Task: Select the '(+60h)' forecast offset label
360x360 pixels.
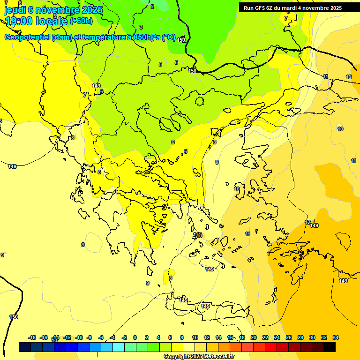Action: (x=81, y=21)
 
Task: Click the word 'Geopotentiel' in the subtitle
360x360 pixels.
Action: (x=27, y=37)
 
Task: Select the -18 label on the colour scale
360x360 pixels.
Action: (x=32, y=337)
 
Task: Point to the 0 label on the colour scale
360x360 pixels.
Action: (x=135, y=337)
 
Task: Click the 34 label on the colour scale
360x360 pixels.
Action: (x=336, y=337)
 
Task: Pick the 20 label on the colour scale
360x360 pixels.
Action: (x=254, y=337)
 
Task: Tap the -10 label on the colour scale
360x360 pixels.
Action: (x=79, y=337)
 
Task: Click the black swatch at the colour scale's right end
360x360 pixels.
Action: (x=330, y=347)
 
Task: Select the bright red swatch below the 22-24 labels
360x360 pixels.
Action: (x=271, y=347)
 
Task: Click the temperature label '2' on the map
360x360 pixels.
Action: (x=152, y=7)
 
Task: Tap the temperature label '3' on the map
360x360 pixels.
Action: (x=141, y=28)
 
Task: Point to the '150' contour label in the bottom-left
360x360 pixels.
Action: (x=14, y=317)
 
